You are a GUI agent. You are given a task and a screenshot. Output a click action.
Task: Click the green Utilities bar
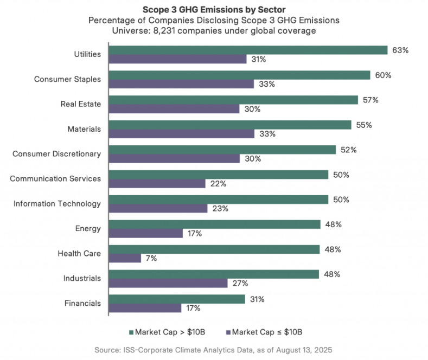[248, 50]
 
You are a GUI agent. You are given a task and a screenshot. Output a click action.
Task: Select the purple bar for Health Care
[125, 258]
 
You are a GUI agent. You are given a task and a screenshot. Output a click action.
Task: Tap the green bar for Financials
[177, 299]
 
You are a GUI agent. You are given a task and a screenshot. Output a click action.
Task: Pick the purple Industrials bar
[168, 283]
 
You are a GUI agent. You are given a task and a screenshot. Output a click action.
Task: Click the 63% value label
[400, 50]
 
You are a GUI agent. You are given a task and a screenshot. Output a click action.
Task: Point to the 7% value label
[151, 259]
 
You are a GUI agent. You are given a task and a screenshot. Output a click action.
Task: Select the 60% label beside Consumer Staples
[383, 75]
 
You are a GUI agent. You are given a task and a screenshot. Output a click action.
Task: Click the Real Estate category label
[80, 104]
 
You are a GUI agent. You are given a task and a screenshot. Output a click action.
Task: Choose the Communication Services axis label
[55, 178]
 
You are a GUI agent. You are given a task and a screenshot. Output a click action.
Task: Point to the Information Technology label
[58, 203]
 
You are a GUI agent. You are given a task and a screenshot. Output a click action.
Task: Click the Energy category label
[88, 228]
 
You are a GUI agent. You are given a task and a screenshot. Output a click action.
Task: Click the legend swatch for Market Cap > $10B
[130, 331]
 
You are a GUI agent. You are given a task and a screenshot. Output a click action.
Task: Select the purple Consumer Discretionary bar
[174, 158]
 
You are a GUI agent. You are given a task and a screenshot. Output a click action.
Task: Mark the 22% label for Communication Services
[218, 184]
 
